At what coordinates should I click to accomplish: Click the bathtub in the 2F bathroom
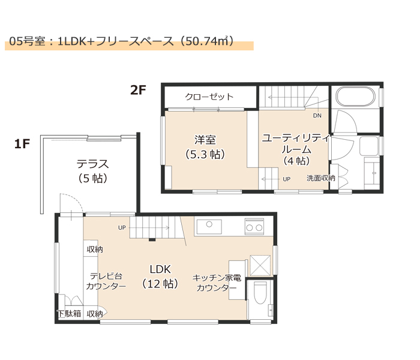point(355,97)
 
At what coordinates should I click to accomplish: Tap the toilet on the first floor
point(260,293)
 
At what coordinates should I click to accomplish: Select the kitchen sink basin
point(209,227)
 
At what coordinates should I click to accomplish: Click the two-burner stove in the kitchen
point(254,226)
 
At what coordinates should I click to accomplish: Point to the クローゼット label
point(209,97)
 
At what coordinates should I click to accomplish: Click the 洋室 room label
point(205,140)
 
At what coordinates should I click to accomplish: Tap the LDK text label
point(160,269)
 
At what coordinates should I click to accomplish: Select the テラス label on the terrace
point(92,164)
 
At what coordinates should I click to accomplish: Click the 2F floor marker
point(138,90)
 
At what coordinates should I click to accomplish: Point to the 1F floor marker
point(22,144)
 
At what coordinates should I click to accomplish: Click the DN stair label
point(317,116)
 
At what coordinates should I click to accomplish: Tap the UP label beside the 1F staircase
point(122,227)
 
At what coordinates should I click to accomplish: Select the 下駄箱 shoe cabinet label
point(70,313)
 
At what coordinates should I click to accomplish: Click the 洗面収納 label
point(320,178)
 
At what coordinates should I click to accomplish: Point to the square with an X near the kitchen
point(260,265)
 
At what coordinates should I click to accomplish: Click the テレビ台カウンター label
point(106,281)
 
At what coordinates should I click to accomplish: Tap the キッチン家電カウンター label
point(217,283)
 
